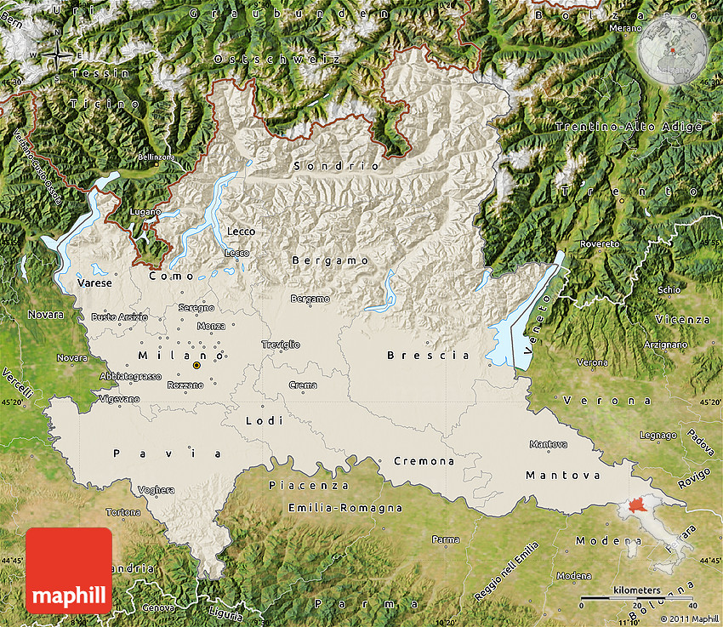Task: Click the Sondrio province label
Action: tap(336, 166)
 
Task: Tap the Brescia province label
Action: tap(428, 355)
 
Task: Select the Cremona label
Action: tap(424, 461)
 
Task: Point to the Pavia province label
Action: tap(168, 453)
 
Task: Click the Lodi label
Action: tap(259, 420)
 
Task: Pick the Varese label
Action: tap(94, 282)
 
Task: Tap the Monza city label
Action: tap(211, 326)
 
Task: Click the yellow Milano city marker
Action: tap(197, 365)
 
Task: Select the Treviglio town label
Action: tap(281, 345)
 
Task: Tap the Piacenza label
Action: tap(308, 485)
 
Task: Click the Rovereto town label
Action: tap(601, 244)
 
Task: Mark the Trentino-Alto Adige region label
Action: tap(629, 127)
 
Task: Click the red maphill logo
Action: tap(69, 570)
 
